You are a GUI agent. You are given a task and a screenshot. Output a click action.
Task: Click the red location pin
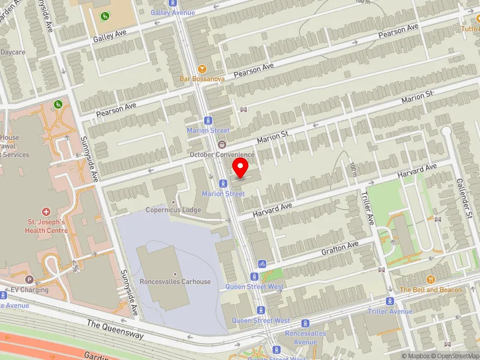click(x=241, y=167)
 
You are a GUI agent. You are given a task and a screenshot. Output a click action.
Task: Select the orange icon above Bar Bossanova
click(x=202, y=69)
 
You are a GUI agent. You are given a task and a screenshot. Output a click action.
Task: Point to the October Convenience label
click(x=222, y=154)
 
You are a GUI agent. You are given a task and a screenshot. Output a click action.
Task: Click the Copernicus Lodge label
click(x=173, y=210)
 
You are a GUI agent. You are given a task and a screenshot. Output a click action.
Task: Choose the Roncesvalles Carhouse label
click(x=175, y=281)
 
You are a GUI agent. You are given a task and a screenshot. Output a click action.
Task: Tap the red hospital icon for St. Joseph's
click(x=46, y=212)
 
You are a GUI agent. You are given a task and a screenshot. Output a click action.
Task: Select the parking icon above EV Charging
click(x=29, y=279)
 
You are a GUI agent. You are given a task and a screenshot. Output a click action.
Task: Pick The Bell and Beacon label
click(x=431, y=290)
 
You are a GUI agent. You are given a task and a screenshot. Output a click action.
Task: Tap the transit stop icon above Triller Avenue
click(x=390, y=301)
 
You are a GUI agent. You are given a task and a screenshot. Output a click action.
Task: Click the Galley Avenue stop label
click(x=173, y=12)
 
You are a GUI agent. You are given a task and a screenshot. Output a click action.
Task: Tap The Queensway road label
click(x=115, y=329)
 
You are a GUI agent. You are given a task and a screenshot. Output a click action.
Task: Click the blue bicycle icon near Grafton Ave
click(x=262, y=264)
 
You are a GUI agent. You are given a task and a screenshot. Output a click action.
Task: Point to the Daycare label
click(x=13, y=52)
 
